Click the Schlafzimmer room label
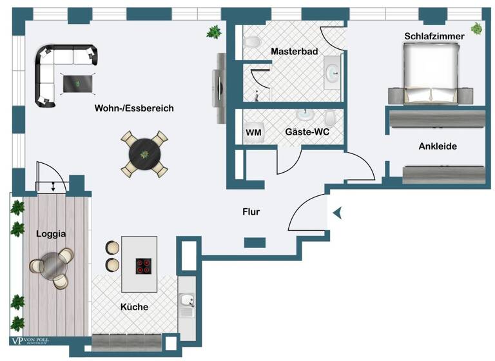434,37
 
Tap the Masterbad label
294,52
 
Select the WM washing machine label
253,133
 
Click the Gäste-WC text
306,132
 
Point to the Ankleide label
438,146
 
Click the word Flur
251,211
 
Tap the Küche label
134,307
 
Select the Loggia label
51,234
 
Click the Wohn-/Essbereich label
134,108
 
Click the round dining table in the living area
144,153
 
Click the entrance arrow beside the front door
337,212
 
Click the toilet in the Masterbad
251,42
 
